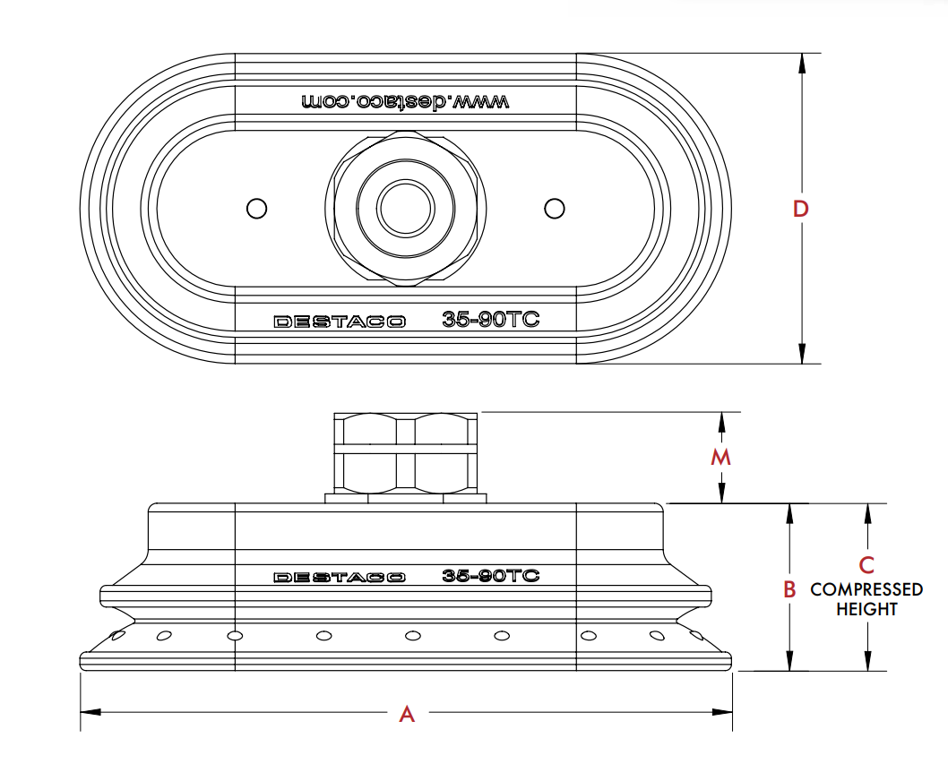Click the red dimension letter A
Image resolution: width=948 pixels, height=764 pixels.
click(x=407, y=714)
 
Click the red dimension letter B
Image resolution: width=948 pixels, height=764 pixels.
click(x=789, y=589)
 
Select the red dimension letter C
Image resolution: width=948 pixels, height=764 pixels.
click(x=866, y=565)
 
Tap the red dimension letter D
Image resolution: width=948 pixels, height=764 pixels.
click(x=801, y=209)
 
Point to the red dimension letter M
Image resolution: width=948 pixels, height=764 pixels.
click(x=721, y=458)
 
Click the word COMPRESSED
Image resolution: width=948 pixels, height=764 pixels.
click(x=866, y=589)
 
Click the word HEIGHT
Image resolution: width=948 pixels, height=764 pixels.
click(x=866, y=609)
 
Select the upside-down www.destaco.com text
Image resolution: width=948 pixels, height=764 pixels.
click(x=405, y=101)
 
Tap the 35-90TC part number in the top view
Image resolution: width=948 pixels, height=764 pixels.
click(x=491, y=320)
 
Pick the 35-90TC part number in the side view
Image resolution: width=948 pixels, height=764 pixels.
click(x=491, y=576)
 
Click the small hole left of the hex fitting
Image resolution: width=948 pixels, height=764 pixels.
click(x=256, y=208)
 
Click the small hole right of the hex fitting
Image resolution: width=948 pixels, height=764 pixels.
click(x=555, y=208)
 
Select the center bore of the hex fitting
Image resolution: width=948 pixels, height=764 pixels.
click(x=405, y=208)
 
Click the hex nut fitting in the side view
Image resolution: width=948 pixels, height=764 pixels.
click(x=406, y=452)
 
